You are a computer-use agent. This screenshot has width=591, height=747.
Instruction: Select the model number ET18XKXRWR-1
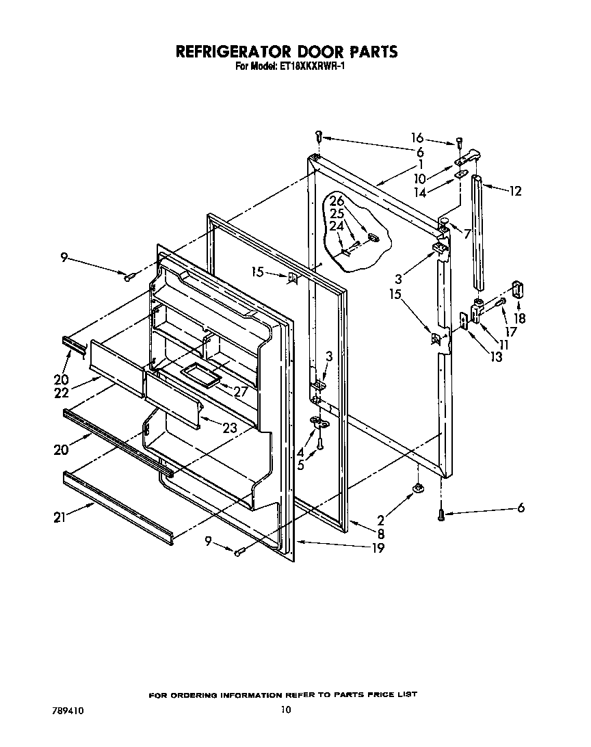pos(304,66)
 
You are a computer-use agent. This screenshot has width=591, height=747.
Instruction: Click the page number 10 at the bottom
pos(285,710)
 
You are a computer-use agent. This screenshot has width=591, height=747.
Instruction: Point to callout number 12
pos(514,191)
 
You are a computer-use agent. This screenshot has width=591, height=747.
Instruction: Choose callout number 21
pos(61,518)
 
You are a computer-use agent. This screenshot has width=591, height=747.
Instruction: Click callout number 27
pos(240,391)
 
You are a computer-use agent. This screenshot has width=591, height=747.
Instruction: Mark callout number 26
pos(337,201)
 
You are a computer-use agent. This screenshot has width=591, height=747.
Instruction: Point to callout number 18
pos(521,318)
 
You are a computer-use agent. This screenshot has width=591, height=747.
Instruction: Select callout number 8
pos(380,534)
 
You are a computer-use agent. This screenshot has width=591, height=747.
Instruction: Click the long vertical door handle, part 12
pos(477,233)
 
